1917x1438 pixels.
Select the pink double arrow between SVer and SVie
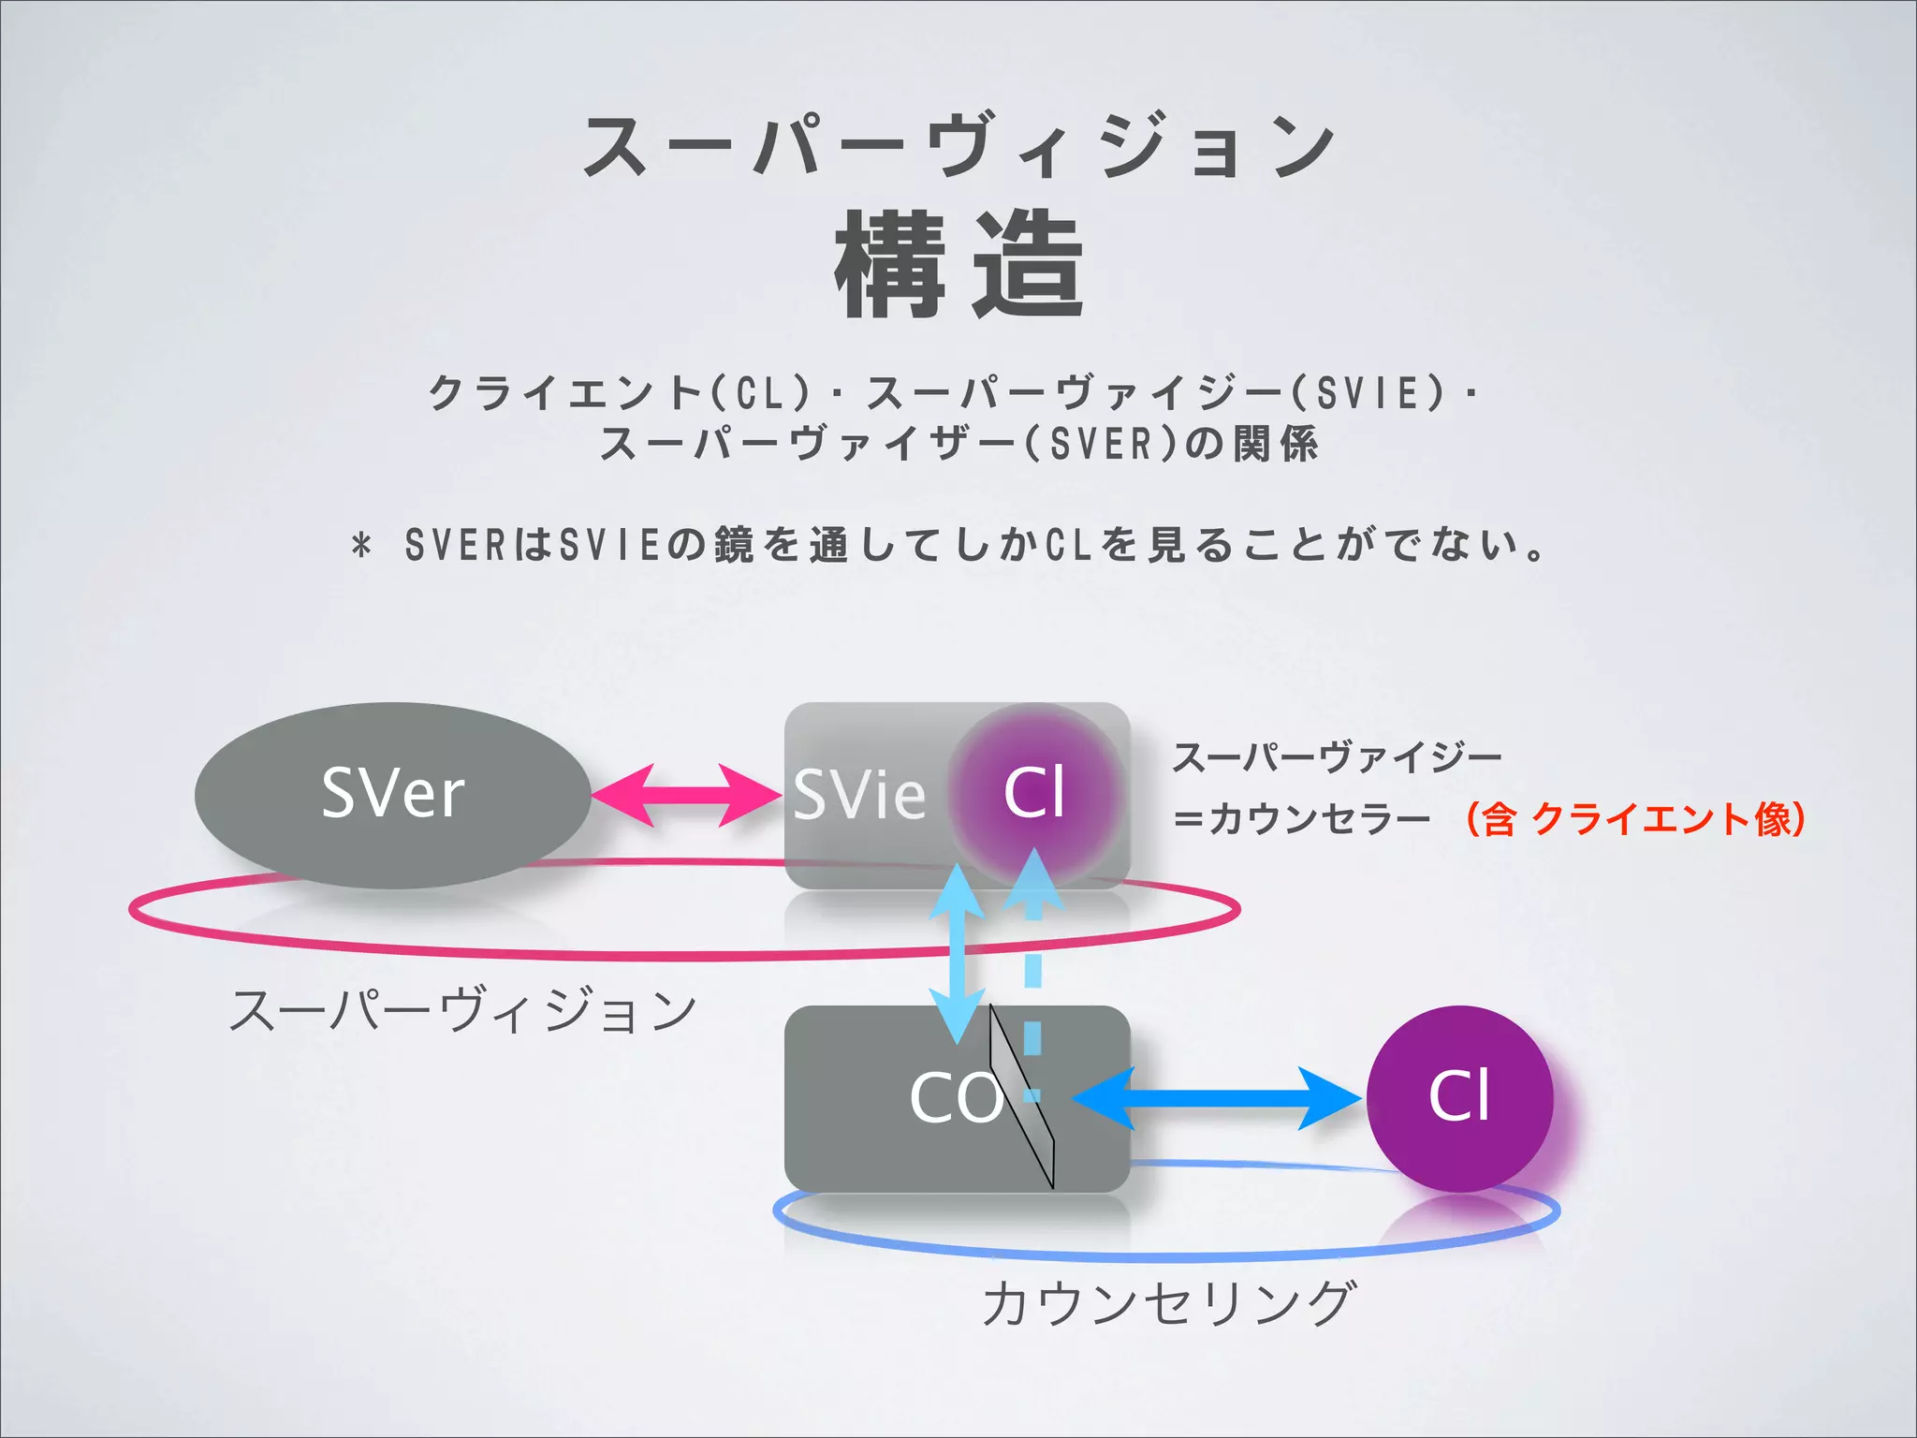686,796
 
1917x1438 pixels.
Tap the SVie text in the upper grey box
859,795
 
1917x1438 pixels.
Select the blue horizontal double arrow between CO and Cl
1217,1097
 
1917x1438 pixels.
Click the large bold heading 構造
958,265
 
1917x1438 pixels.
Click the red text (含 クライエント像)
1633,818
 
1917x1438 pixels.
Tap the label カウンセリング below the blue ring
1168,1303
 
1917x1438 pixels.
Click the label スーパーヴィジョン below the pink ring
463,1011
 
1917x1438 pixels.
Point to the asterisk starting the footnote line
362,545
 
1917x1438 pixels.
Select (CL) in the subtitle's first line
760,392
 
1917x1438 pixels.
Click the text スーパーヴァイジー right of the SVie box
1337,756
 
